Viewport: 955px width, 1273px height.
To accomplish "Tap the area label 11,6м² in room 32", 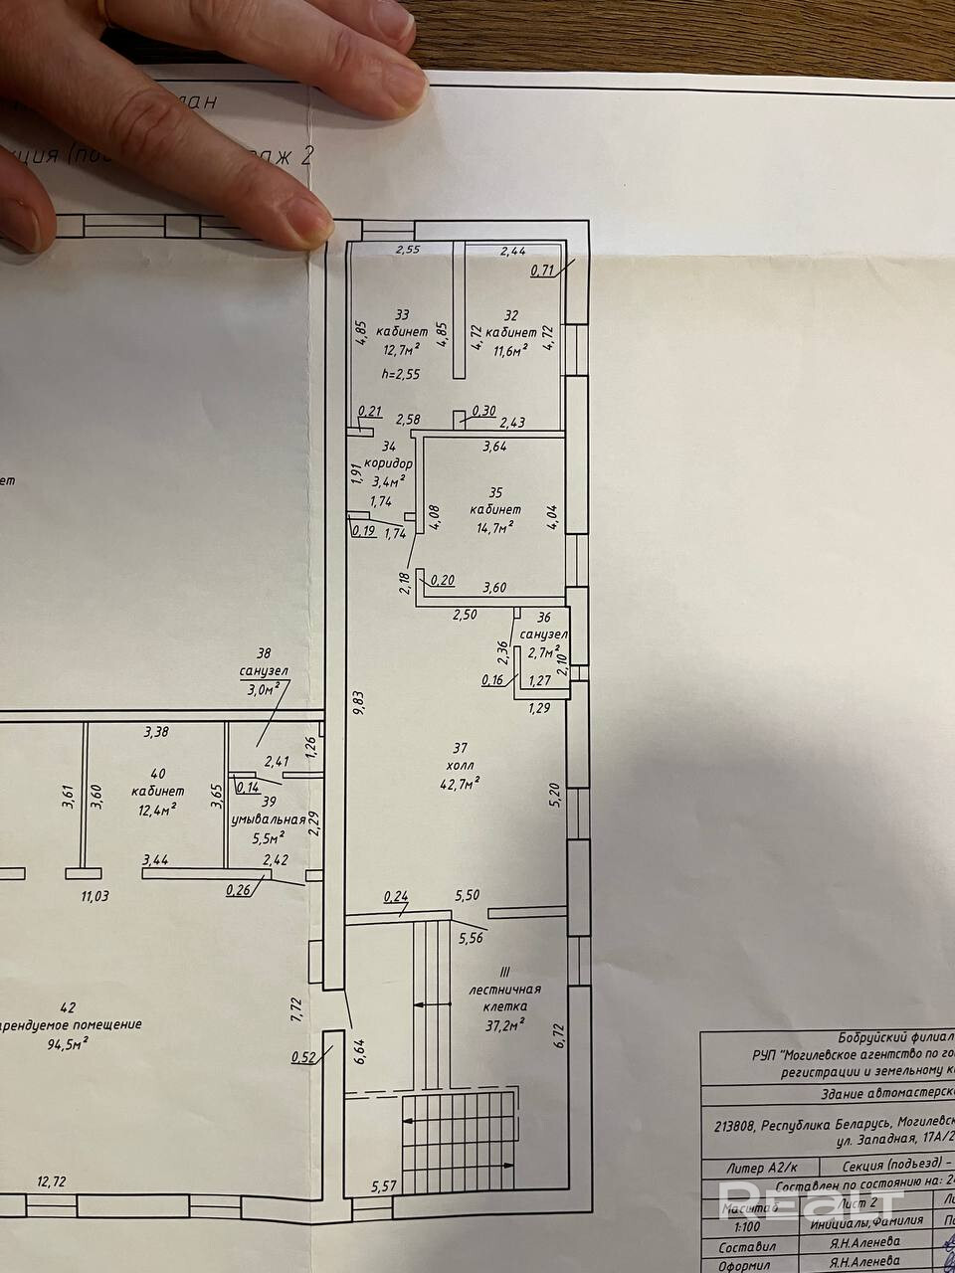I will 512,349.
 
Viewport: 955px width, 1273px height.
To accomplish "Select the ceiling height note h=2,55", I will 401,374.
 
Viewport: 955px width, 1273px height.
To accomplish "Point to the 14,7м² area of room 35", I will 491,526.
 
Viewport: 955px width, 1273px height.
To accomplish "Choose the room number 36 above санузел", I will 543,618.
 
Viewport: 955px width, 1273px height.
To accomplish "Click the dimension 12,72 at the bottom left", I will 52,1182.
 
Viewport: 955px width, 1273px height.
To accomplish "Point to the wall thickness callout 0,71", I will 542,270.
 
